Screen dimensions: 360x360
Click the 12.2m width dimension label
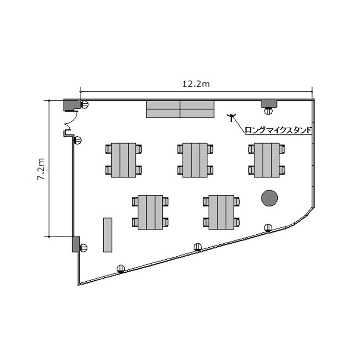click(x=196, y=84)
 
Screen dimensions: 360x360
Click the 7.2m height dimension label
click(x=41, y=169)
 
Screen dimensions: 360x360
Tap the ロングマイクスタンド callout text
click(x=278, y=130)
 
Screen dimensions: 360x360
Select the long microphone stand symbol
click(x=231, y=117)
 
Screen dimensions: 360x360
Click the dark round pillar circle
click(x=269, y=198)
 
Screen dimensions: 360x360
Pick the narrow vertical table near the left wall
click(x=108, y=235)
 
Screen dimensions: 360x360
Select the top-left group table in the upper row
click(x=123, y=160)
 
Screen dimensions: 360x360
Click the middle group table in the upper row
click(x=195, y=160)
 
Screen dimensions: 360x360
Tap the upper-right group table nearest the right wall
click(x=266, y=160)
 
